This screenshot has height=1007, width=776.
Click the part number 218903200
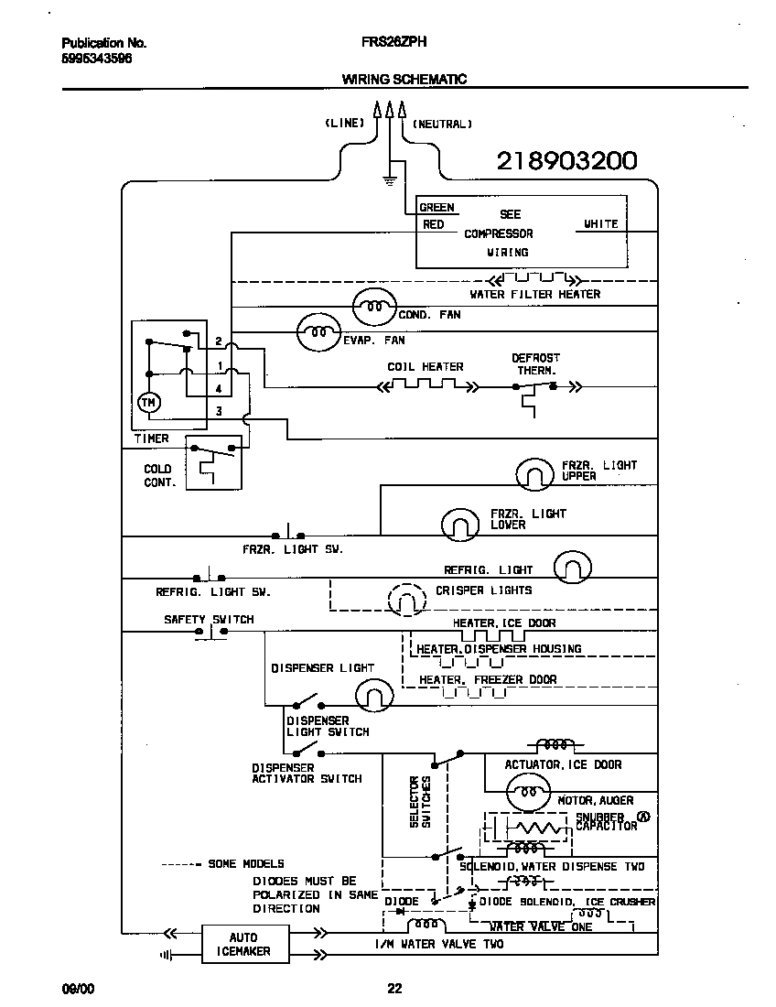(x=566, y=161)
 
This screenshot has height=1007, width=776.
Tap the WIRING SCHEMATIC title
(x=404, y=79)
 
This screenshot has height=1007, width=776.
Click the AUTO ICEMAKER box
(x=242, y=944)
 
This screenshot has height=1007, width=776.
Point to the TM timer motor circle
(x=147, y=402)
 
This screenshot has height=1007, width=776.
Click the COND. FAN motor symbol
(x=373, y=306)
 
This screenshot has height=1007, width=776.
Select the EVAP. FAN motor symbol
(x=318, y=332)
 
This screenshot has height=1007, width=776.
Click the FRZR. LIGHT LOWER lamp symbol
(x=460, y=523)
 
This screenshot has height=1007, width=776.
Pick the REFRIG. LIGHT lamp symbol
(x=573, y=568)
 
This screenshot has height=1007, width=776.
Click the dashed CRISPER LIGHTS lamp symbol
(x=407, y=600)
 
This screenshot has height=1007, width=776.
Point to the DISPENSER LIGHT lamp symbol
(x=372, y=696)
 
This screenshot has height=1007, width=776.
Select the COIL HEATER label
(x=426, y=366)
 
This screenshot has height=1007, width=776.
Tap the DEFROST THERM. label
(x=536, y=364)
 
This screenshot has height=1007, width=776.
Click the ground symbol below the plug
(x=390, y=179)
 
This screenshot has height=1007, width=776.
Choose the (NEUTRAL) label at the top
(x=443, y=124)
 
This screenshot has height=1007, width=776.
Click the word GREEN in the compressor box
(x=436, y=208)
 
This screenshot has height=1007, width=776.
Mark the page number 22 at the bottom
(x=394, y=988)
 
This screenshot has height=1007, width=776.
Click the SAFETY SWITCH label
(x=209, y=620)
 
